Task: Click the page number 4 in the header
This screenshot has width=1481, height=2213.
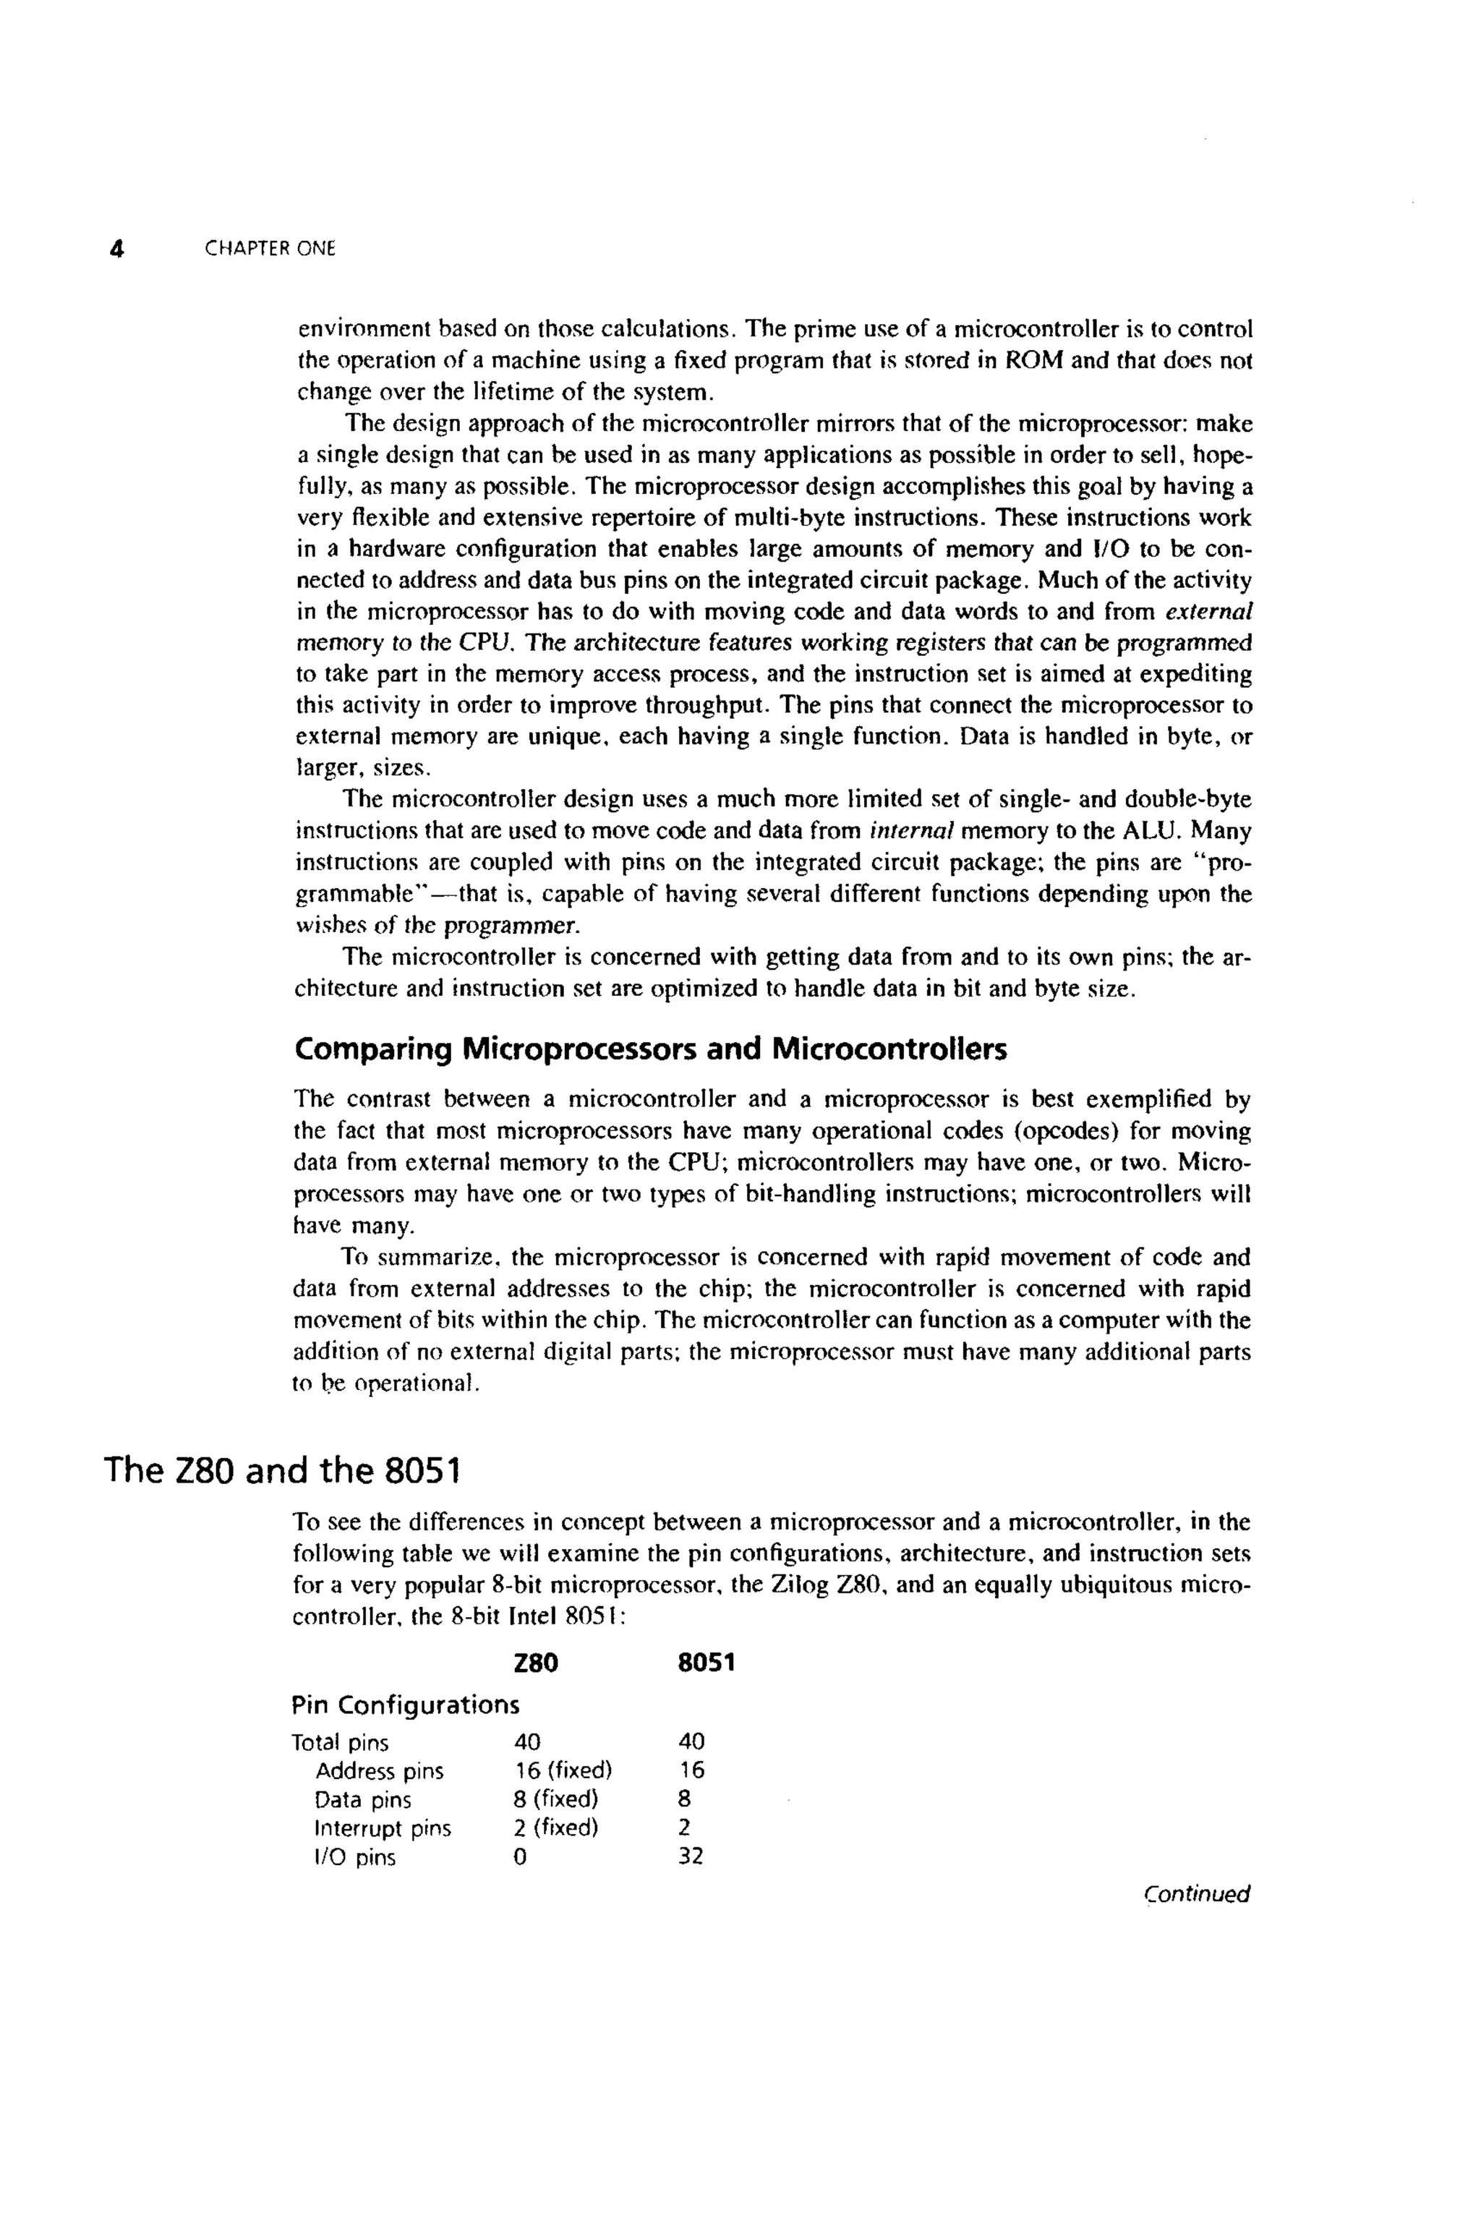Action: pyautogui.click(x=116, y=250)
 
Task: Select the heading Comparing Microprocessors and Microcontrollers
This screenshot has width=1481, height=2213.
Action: pyautogui.click(x=650, y=1049)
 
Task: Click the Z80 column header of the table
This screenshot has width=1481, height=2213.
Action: pyautogui.click(x=536, y=1663)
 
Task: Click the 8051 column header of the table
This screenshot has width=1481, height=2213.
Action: pyautogui.click(x=706, y=1663)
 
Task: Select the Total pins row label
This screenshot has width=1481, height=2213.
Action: pyautogui.click(x=340, y=1743)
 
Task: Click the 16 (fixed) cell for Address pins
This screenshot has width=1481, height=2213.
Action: pyautogui.click(x=562, y=1771)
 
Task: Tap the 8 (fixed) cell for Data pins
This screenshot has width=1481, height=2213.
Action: pyautogui.click(x=555, y=1800)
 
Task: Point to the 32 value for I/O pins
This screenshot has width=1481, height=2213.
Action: pyautogui.click(x=691, y=1857)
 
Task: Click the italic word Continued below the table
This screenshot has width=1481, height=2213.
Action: pyautogui.click(x=1196, y=1894)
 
